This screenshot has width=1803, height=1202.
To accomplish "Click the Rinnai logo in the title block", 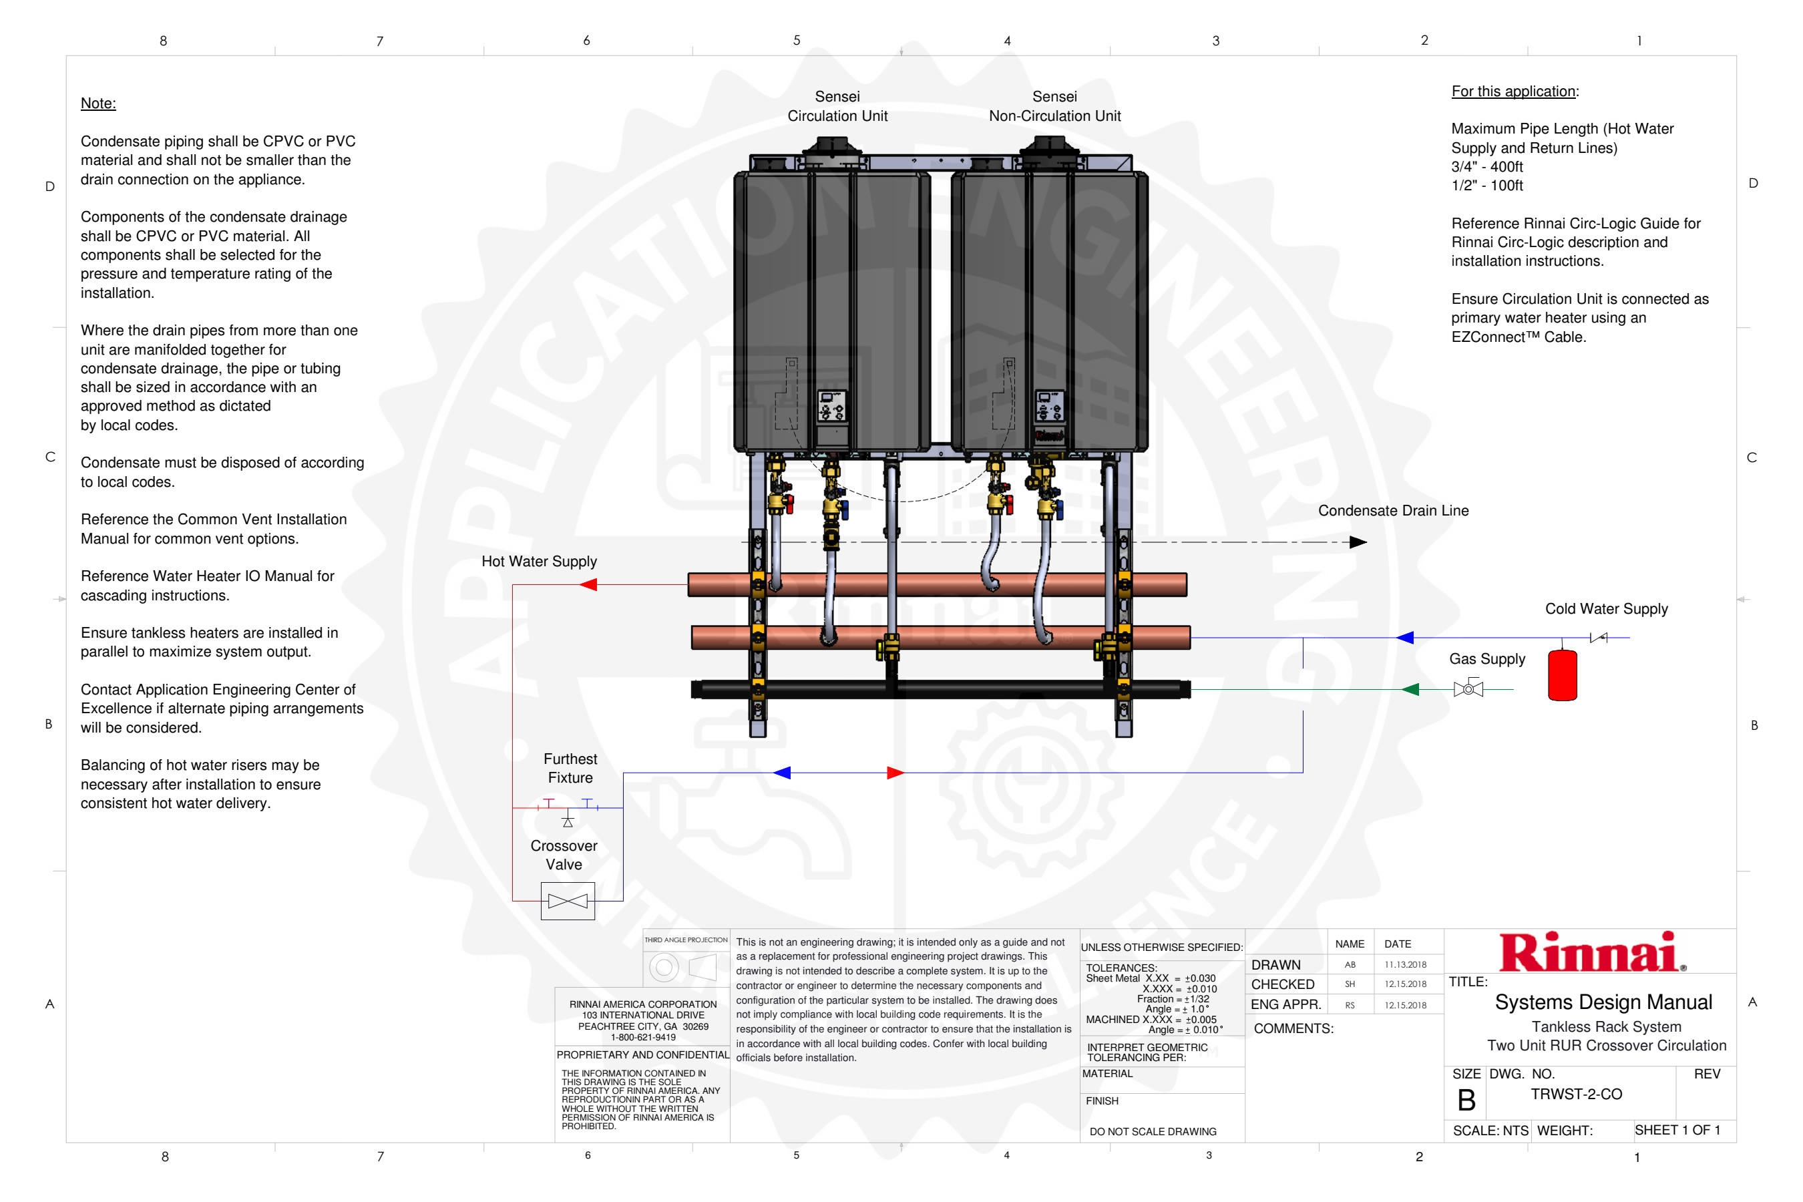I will point(1591,952).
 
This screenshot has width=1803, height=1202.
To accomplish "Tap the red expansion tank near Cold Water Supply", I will point(1563,674).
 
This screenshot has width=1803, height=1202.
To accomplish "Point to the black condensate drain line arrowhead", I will point(1358,542).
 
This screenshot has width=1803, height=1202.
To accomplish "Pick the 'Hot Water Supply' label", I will point(539,561).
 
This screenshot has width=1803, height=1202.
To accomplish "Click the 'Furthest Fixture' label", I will point(570,768).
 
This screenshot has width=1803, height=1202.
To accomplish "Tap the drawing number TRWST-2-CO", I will point(1576,1094).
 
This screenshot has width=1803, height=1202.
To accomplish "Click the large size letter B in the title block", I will point(1466,1100).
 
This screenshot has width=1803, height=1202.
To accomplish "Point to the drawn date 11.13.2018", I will point(1405,964).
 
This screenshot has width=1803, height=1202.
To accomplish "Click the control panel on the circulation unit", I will point(832,406).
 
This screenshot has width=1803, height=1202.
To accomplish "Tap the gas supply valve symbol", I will point(1468,688).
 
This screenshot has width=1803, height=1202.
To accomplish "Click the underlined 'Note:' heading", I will point(98,104).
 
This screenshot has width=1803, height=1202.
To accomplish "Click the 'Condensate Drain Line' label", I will point(1393,511).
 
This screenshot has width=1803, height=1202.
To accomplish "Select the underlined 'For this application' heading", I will point(1514,91).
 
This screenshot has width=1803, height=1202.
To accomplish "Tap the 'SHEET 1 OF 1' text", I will point(1677,1130).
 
